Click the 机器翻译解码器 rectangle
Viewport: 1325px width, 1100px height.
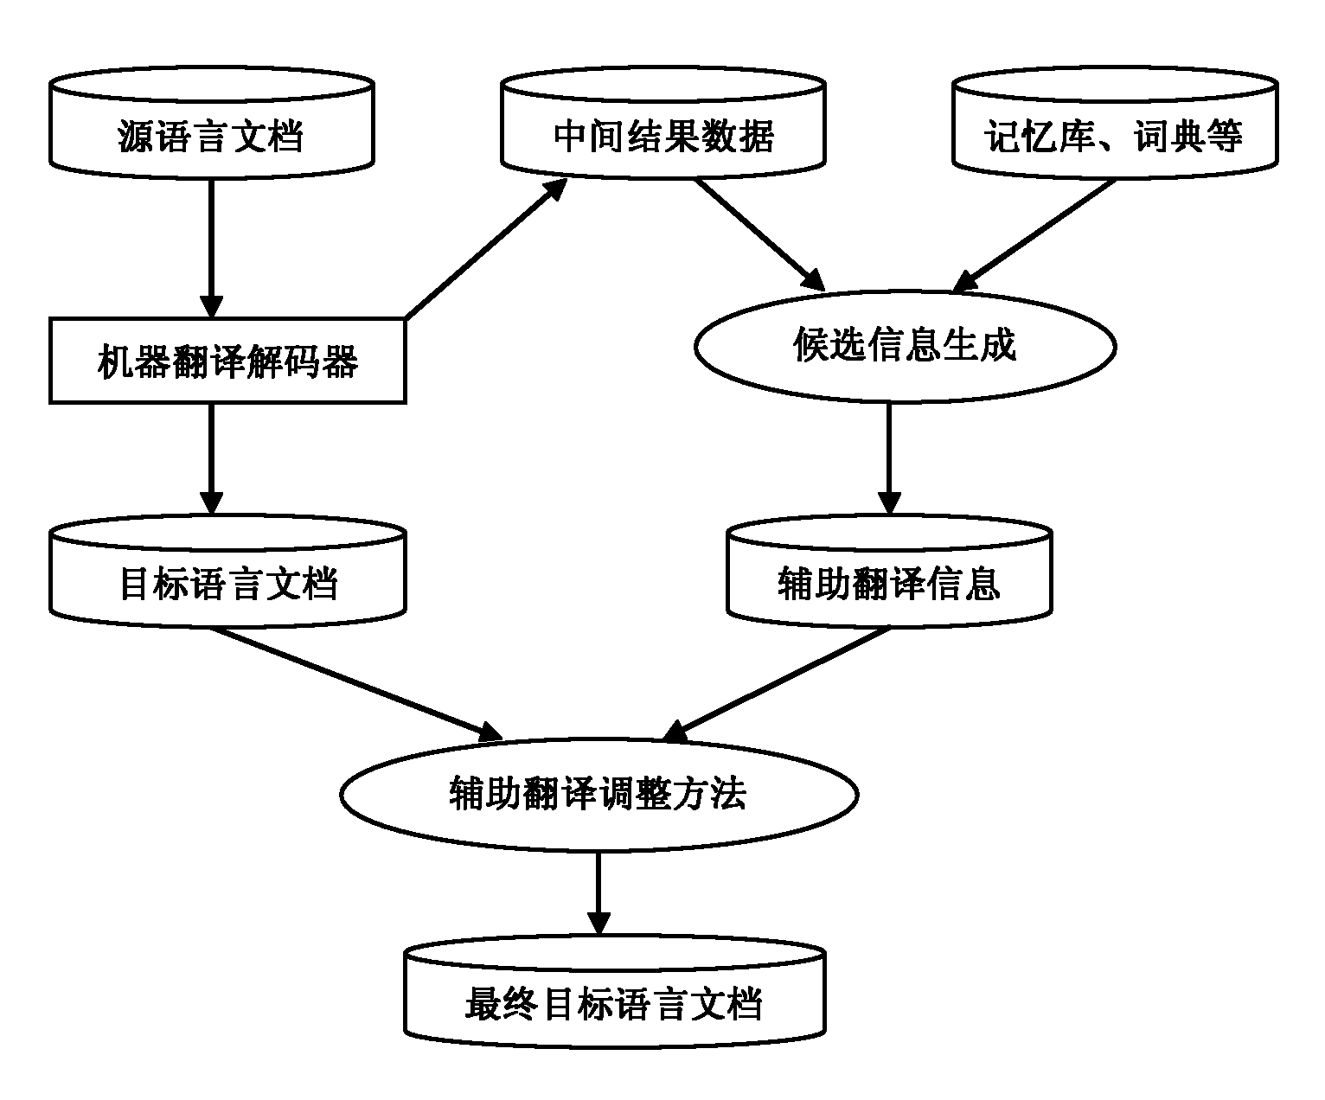coord(227,361)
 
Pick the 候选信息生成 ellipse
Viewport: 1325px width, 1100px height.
coord(905,346)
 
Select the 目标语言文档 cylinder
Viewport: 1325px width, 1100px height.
coord(227,572)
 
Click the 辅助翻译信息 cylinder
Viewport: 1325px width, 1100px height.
coord(889,572)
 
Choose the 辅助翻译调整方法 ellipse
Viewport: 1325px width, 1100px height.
coord(598,794)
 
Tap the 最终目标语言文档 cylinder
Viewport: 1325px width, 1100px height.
coord(614,994)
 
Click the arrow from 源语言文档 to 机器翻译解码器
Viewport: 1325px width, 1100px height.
coord(211,246)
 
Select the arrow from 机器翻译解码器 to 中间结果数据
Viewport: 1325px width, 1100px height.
coord(484,248)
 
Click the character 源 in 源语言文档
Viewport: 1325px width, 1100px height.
coord(134,137)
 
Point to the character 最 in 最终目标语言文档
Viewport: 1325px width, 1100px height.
coord(482,1005)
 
